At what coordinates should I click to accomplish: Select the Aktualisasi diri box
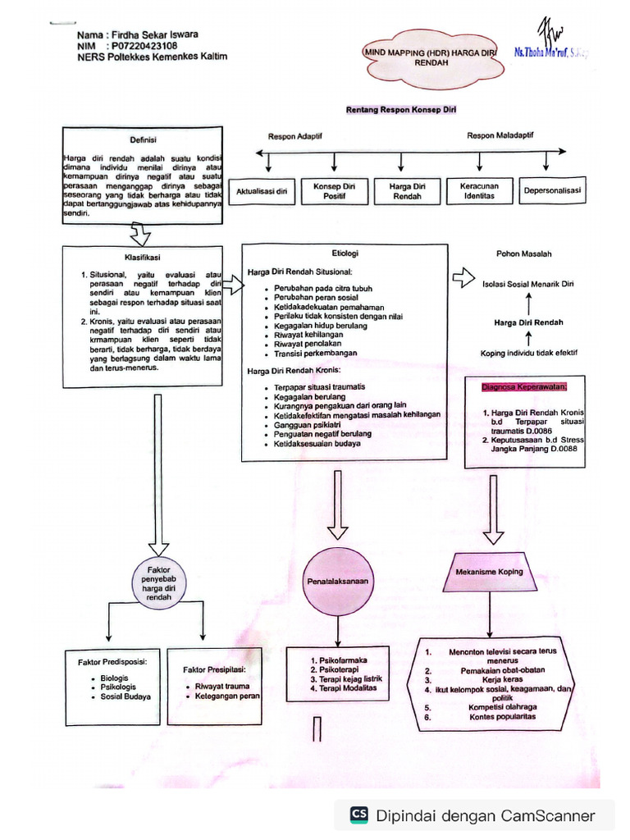(262, 192)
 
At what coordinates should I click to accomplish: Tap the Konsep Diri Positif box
(334, 191)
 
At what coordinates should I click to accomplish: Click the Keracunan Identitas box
(479, 191)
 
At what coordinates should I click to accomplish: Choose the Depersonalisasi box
(552, 191)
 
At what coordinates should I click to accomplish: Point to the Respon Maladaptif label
(500, 135)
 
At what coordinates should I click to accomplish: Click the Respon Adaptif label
(296, 136)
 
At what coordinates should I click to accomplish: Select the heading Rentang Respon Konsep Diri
(400, 109)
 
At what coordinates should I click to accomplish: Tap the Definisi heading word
(143, 139)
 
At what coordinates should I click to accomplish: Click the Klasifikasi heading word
(142, 257)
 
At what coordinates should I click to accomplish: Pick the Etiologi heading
(345, 253)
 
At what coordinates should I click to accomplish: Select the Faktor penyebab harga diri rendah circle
(159, 583)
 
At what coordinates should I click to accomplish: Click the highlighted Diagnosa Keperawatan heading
(525, 386)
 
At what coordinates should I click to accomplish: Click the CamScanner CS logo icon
(359, 815)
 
